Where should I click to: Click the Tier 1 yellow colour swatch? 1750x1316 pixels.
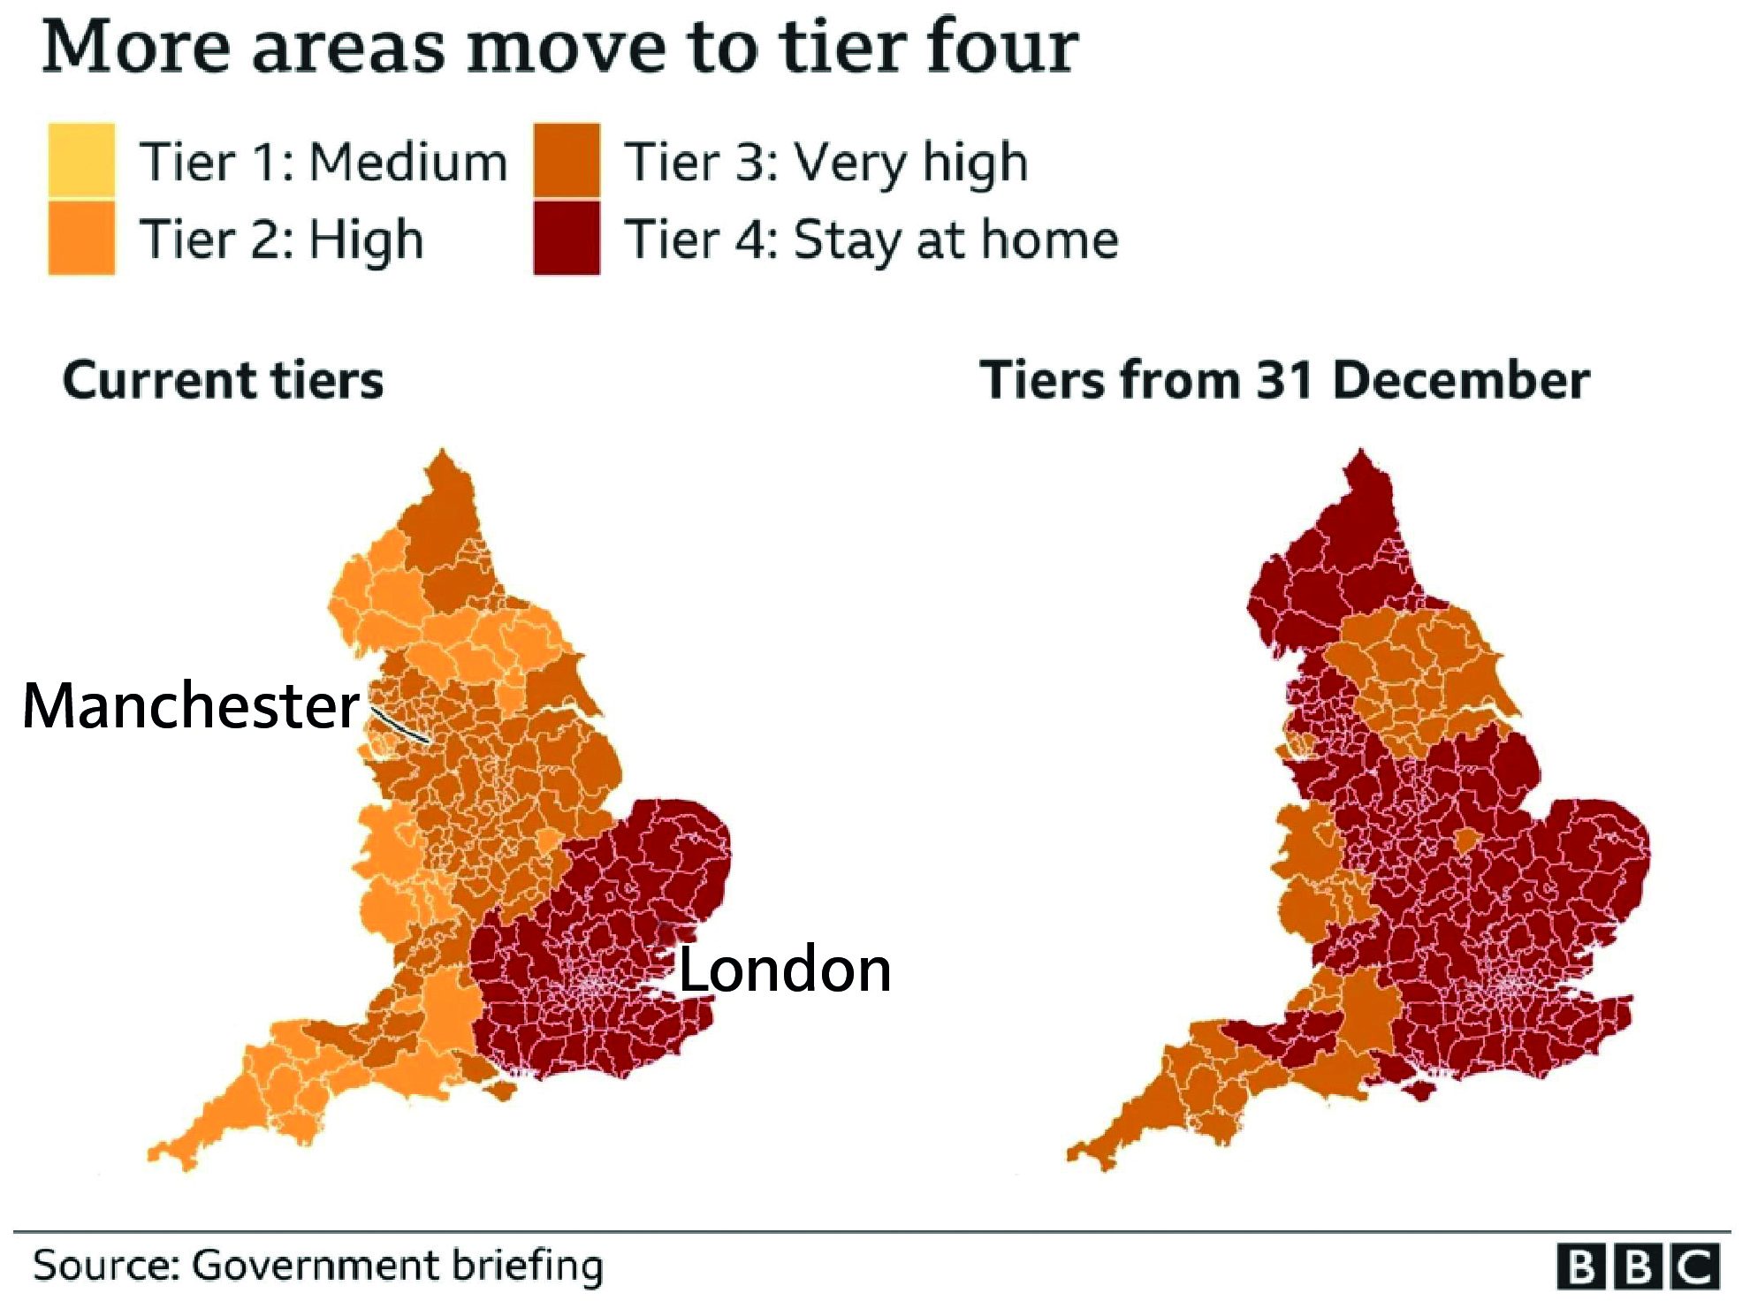[81, 160]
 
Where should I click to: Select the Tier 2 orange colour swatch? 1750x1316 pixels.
[81, 238]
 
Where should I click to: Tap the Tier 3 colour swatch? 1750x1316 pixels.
[567, 160]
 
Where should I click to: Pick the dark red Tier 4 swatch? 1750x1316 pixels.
[567, 238]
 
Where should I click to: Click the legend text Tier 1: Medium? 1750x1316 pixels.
[323, 163]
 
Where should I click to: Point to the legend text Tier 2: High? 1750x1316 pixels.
[281, 240]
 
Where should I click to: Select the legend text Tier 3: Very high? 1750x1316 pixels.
[826, 163]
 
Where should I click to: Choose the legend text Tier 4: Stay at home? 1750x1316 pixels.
[871, 240]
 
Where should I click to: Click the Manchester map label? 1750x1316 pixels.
[191, 706]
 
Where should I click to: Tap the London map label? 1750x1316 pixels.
[785, 970]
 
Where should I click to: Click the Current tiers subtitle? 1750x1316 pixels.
[223, 380]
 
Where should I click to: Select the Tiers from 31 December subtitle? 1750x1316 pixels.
[1284, 380]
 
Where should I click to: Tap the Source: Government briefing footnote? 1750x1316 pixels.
[318, 1266]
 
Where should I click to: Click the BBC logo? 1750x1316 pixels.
[1638, 1267]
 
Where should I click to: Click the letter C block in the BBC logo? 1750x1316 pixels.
[1695, 1267]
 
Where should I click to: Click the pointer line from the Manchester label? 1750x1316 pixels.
[400, 726]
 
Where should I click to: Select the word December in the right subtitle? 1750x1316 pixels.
[1460, 380]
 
